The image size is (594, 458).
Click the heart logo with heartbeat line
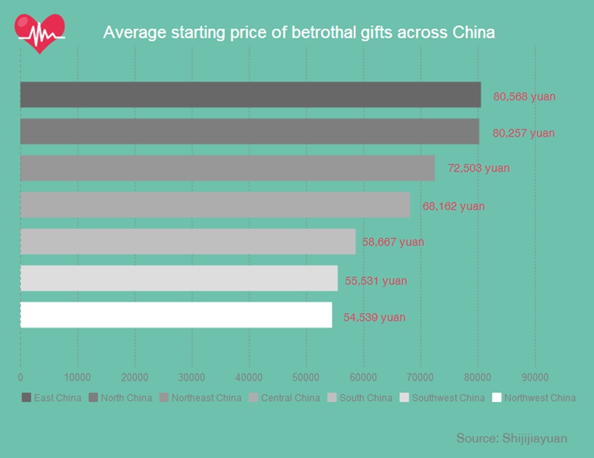click(x=40, y=33)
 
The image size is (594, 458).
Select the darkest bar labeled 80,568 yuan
click(x=250, y=95)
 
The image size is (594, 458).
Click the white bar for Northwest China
click(x=176, y=315)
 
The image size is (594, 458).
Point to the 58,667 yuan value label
click(x=393, y=242)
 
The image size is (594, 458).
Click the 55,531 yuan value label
click(x=376, y=280)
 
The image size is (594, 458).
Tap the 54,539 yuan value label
click(x=374, y=317)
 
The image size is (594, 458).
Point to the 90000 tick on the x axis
click(x=535, y=377)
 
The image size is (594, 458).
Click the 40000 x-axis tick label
click(x=249, y=377)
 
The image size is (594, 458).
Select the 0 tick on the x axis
click(x=20, y=377)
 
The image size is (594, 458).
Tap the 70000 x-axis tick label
click(x=420, y=377)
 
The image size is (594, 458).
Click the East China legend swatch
click(x=26, y=397)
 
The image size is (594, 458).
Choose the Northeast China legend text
click(x=207, y=398)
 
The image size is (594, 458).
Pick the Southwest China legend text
click(x=448, y=398)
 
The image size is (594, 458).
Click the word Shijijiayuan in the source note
click(x=535, y=438)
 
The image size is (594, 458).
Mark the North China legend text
click(x=126, y=398)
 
